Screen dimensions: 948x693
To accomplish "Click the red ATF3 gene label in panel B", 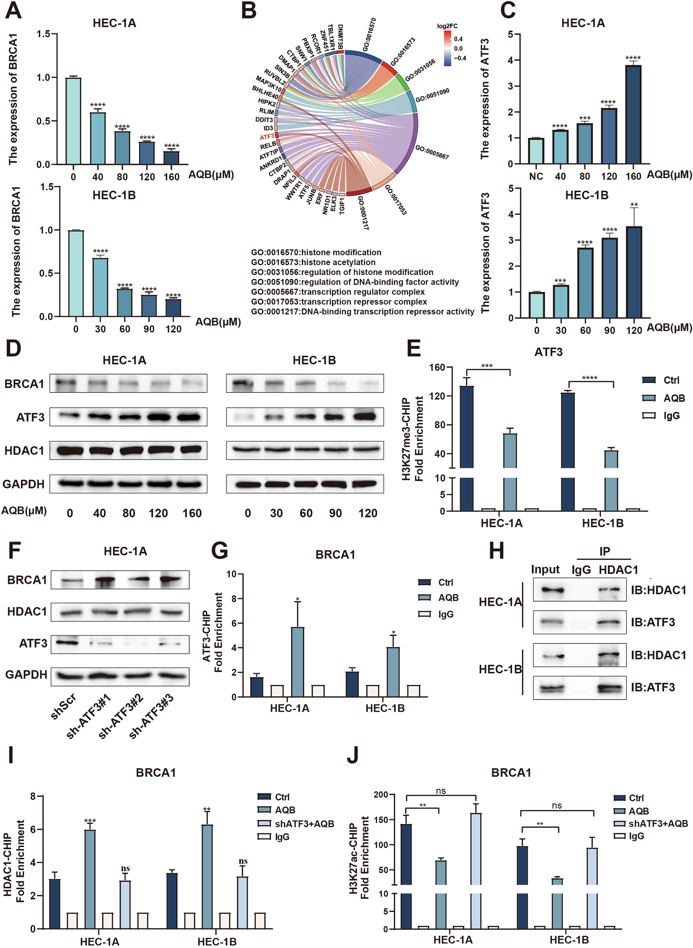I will click(x=267, y=137).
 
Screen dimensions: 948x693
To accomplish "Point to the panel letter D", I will click(x=13, y=348).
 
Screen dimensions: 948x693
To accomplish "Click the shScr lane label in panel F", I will click(x=63, y=706).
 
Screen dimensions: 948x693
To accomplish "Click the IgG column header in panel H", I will click(x=581, y=570).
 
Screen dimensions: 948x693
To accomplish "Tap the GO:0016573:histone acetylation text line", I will click(x=313, y=262).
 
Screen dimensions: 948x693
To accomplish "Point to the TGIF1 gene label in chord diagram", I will click(x=342, y=206).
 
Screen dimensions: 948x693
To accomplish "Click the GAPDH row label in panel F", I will click(x=27, y=675).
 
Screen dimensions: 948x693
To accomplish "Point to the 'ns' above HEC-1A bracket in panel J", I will click(x=440, y=791).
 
